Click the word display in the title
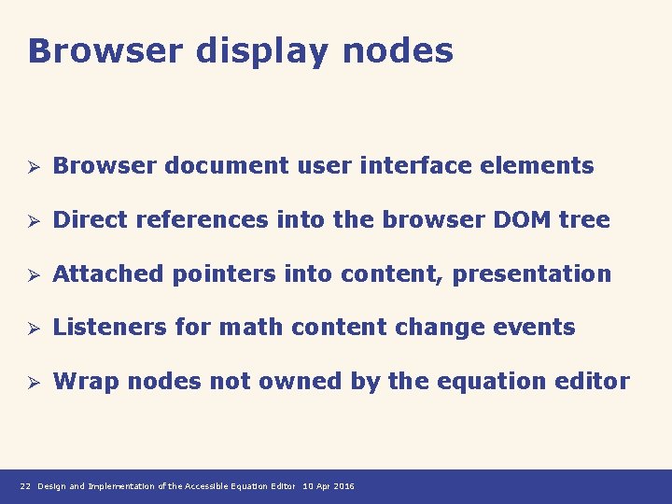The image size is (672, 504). [261, 50]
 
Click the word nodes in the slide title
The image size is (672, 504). [398, 50]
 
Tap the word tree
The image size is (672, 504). [584, 220]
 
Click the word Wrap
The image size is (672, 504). [86, 381]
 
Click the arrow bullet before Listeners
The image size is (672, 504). [32, 328]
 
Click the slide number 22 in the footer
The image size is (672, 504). [25, 486]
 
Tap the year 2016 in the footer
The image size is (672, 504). [343, 486]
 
